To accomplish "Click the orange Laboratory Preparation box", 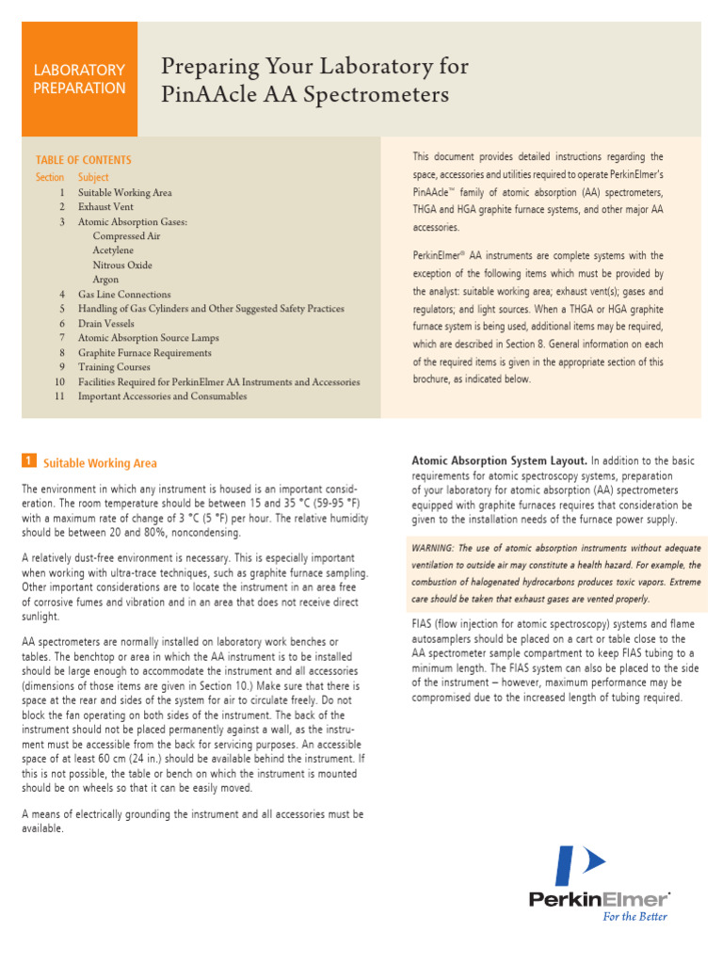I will [79, 79].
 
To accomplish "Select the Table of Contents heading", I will [84, 160].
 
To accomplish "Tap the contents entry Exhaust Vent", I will [107, 206].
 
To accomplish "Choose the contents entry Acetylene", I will [113, 250].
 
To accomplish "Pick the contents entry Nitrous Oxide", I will [121, 265].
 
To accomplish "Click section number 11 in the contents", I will [59, 396].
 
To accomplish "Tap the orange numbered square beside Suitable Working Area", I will [29, 460].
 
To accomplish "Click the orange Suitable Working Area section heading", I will [101, 463].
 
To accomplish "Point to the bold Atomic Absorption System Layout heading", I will [499, 460].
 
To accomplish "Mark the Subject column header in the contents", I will [93, 177].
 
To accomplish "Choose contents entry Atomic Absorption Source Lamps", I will [148, 338].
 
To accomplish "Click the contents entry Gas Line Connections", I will [124, 294].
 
